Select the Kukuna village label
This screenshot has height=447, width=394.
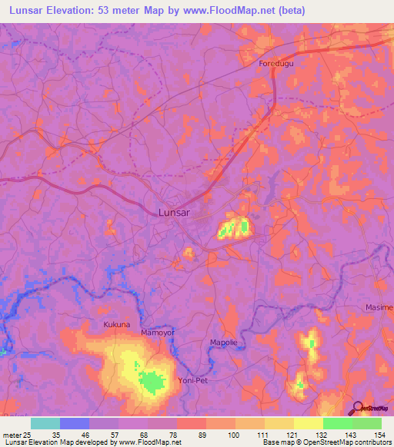[x=118, y=325]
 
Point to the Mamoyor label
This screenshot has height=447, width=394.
[x=159, y=333]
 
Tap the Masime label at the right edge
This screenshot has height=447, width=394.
[x=379, y=307]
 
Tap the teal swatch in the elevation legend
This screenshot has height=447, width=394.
[x=45, y=423]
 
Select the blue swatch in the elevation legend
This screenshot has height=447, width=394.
[x=75, y=423]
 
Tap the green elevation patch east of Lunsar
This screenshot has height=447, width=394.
[x=244, y=227]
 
